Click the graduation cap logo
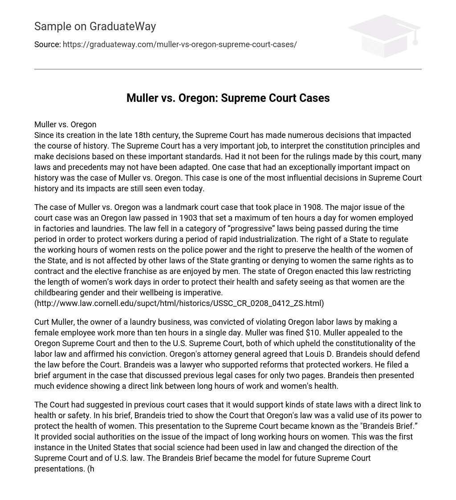click(384, 36)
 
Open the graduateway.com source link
click(179, 44)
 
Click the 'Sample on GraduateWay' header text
click(95, 27)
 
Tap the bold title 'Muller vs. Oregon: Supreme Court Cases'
click(228, 98)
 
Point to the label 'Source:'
click(47, 44)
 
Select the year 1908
click(312, 207)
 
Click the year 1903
click(188, 218)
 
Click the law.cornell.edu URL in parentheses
click(179, 303)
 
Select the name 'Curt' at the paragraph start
click(42, 322)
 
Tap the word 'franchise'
click(140, 271)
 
